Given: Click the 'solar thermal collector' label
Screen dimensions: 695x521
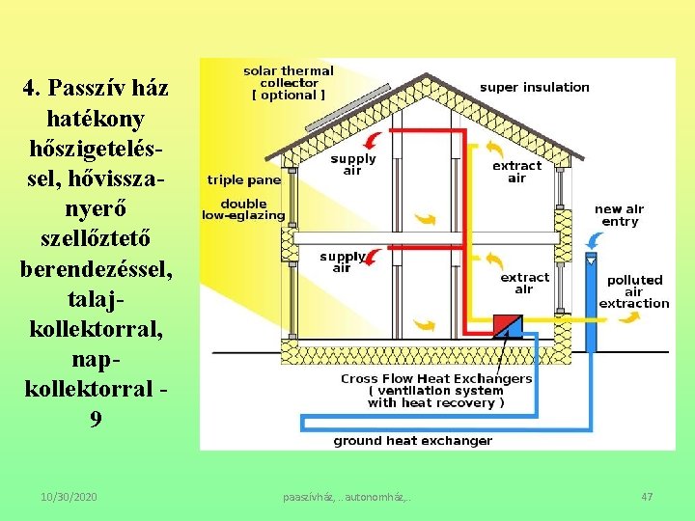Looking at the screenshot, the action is pyautogui.click(x=288, y=83).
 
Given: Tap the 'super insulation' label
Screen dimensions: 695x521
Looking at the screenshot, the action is pyautogui.click(x=534, y=87).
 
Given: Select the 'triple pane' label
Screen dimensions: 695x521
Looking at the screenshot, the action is pyautogui.click(x=243, y=179).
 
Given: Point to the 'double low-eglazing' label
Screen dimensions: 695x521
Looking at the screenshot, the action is pyautogui.click(x=243, y=209).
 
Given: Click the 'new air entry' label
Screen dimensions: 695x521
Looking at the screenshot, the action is pyautogui.click(x=619, y=215).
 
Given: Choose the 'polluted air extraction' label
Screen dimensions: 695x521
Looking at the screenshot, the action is pyautogui.click(x=633, y=291).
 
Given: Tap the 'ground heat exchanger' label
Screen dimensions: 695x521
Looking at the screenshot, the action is pyautogui.click(x=412, y=441).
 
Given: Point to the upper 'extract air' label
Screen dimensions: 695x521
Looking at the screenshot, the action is pyautogui.click(x=516, y=172).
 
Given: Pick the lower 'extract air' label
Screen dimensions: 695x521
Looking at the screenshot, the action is pyautogui.click(x=523, y=283).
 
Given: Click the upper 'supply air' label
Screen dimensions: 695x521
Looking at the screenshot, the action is pyautogui.click(x=352, y=165).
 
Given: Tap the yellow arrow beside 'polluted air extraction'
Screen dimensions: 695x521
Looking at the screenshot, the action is pyautogui.click(x=629, y=316).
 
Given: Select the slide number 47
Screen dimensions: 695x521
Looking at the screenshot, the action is pyautogui.click(x=647, y=496).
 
